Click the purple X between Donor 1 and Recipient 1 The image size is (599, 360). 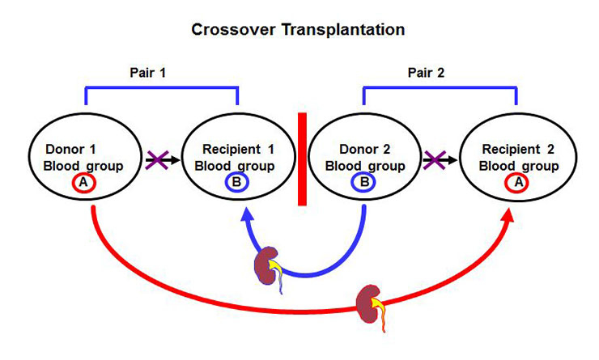155,162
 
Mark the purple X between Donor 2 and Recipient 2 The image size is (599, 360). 435,161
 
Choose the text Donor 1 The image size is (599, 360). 71,150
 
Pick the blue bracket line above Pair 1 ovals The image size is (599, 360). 161,87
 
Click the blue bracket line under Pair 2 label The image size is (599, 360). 440,87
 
